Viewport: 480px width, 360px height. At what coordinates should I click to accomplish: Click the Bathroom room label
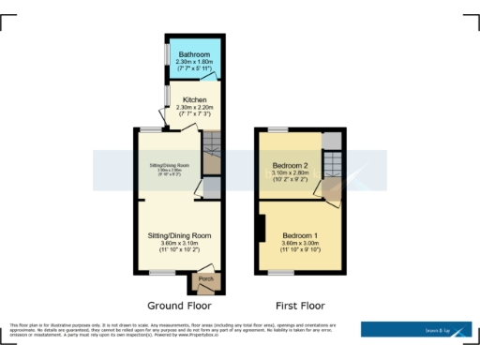195,54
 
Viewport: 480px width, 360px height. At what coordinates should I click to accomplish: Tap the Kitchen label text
195,99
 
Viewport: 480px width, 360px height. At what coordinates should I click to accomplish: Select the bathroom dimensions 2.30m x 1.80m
195,62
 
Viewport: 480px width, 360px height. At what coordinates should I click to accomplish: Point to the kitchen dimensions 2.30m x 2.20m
195,107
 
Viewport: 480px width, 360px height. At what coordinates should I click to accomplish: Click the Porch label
204,278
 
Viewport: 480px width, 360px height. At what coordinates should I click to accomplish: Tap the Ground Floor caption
179,306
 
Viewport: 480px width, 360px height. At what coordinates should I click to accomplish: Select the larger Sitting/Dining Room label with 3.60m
179,235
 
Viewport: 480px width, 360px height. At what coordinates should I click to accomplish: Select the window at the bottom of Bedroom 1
279,272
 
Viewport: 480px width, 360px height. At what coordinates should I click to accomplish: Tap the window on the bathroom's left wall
168,56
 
